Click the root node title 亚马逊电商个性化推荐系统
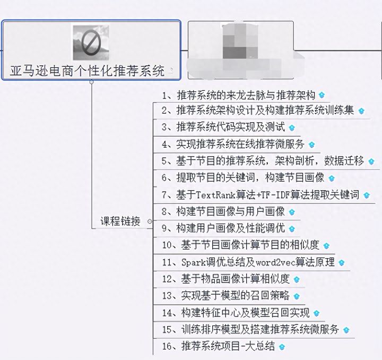pyautogui.click(x=88, y=71)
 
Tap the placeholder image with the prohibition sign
pyautogui.click(x=91, y=42)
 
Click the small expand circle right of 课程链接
pyautogui.click(x=150, y=221)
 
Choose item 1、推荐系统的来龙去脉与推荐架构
pyautogui.click(x=239, y=96)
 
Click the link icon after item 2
pyautogui.click(x=362, y=112)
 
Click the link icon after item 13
pyautogui.click(x=297, y=296)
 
